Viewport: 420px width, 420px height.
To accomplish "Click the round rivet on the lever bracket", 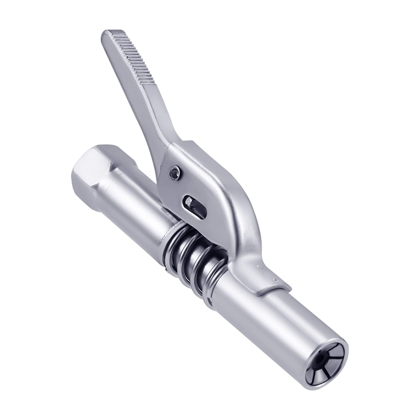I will point(174,172).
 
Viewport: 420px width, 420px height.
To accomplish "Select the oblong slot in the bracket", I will point(195,206).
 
